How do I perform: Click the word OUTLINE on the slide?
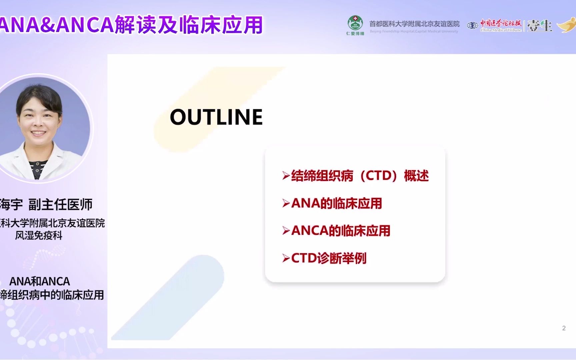(216, 117)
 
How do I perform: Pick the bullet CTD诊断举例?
(328, 258)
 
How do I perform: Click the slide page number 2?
(564, 328)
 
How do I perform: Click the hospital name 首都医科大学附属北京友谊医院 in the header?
(414, 24)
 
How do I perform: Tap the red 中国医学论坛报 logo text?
(500, 23)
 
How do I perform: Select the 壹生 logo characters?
(539, 26)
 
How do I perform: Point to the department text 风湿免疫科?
(39, 235)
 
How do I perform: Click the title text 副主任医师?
(60, 204)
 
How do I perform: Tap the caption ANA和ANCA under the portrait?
(39, 281)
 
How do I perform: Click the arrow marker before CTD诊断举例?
(286, 258)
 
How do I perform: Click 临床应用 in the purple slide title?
(221, 25)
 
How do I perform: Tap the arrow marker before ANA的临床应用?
(286, 204)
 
